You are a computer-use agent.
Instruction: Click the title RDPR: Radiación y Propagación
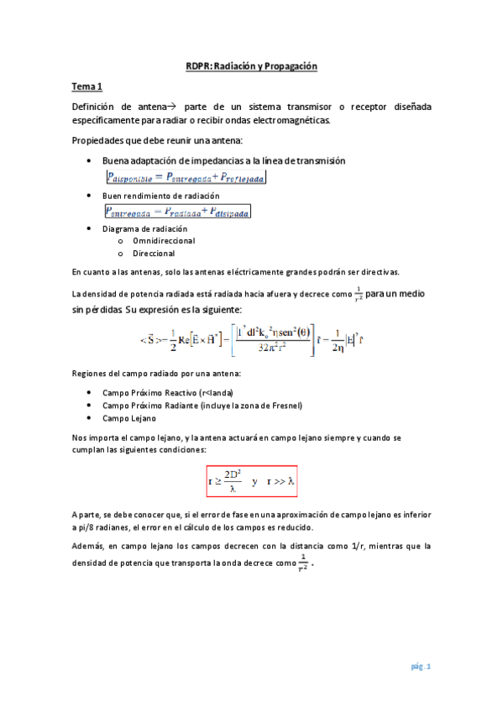(x=251, y=66)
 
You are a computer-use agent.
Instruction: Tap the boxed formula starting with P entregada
(x=177, y=212)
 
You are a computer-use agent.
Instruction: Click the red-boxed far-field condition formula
(x=253, y=482)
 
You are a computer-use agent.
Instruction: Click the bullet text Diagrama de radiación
(x=144, y=228)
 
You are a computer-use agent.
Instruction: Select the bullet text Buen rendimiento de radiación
(x=160, y=195)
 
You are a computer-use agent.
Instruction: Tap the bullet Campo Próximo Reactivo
(x=167, y=392)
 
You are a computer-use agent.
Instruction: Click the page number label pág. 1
(x=421, y=667)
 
